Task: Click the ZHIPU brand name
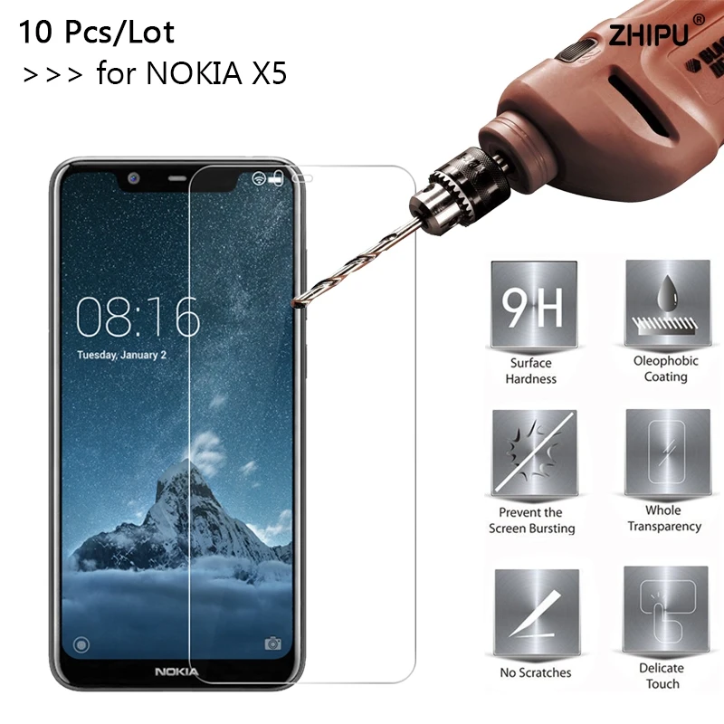coord(647,35)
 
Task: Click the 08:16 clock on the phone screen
coord(138,317)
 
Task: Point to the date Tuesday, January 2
coord(121,356)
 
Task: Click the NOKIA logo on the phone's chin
coord(177,672)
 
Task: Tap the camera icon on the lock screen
coord(272,643)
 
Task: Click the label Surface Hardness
coord(531,371)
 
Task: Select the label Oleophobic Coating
coord(665,368)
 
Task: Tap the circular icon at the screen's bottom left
coord(82,644)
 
